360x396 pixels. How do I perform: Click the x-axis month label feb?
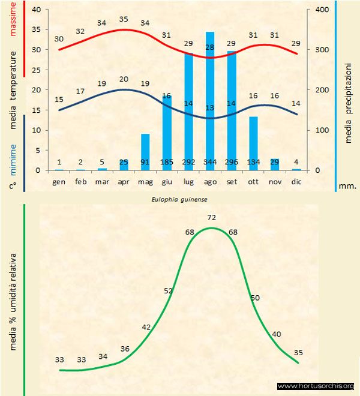tap(81, 181)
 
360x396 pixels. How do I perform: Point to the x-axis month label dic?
tap(296, 181)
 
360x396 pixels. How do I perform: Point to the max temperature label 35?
tap(124, 19)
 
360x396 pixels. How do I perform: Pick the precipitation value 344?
tap(210, 162)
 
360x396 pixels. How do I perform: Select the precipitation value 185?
tap(167, 162)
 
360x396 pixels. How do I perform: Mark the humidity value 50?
tap(255, 298)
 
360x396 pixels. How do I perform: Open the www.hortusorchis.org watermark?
tap(316, 386)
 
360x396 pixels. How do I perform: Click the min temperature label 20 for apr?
tap(124, 79)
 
